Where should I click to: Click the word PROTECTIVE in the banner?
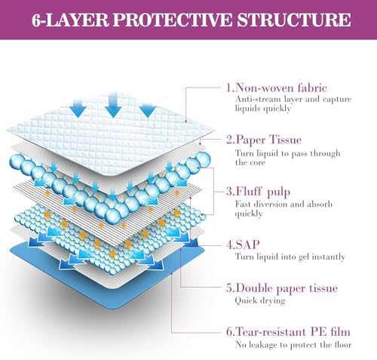coord(172,20)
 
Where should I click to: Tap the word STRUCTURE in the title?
coord(294,20)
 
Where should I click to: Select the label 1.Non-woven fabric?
coord(277,88)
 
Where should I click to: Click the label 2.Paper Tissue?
coord(264,140)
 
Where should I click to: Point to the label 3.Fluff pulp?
coord(258,192)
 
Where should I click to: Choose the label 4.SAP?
coord(243,245)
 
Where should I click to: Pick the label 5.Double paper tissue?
coord(282,288)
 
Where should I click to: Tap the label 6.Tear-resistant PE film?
coord(288,332)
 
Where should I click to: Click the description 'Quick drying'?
coord(260,300)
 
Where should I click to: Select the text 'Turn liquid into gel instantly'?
coord(290,257)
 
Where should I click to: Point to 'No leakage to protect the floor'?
coord(293,345)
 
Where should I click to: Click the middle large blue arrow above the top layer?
coord(113,104)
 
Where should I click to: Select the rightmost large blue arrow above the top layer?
coord(148,109)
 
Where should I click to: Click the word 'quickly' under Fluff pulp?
coord(249,214)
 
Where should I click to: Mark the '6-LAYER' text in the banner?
coord(70,20)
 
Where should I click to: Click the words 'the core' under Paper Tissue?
coord(250,162)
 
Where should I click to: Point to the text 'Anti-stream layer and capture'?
coord(293,99)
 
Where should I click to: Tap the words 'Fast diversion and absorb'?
coord(284,204)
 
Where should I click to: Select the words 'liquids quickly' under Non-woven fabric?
coord(263,109)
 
